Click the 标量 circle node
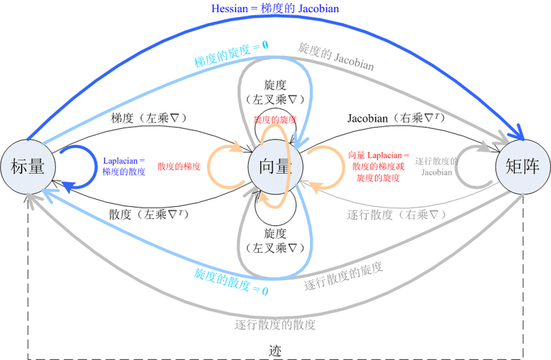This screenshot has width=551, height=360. [x=28, y=166]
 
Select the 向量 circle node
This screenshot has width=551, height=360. [x=276, y=166]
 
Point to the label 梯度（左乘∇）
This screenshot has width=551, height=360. [x=149, y=118]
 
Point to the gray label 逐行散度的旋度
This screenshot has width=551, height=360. [x=344, y=277]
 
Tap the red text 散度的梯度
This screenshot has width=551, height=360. [x=179, y=166]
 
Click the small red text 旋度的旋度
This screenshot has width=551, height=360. [x=275, y=120]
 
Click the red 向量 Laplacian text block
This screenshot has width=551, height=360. [x=379, y=166]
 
